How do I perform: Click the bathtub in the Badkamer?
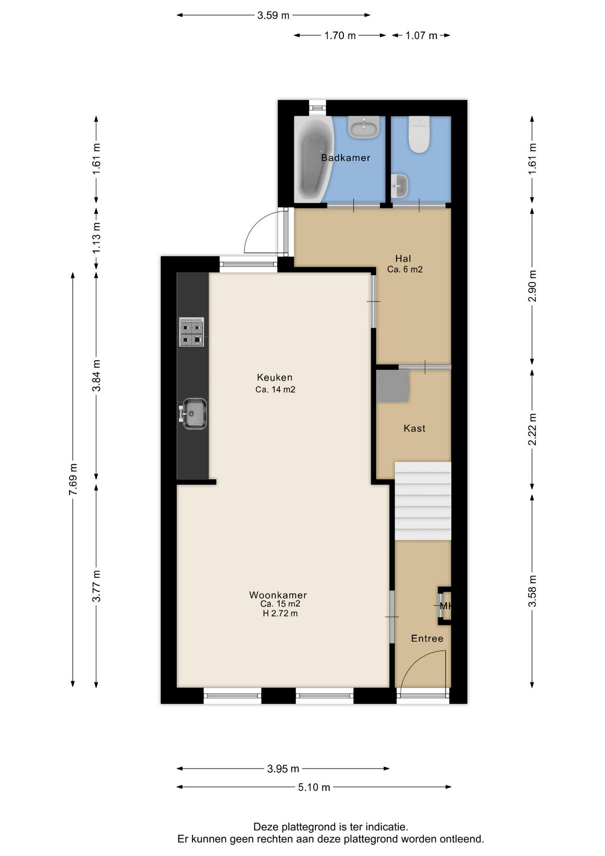(313, 160)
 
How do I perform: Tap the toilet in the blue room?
(419, 135)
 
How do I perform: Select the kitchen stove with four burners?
(192, 332)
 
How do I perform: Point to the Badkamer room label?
(346, 158)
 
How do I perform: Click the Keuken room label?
(275, 378)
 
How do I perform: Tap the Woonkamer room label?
(278, 595)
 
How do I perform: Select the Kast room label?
(414, 428)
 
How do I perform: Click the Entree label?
(427, 638)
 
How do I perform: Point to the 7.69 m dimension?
(73, 479)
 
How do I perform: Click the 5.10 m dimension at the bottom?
(314, 787)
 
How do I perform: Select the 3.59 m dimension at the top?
(273, 16)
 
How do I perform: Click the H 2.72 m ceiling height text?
(280, 613)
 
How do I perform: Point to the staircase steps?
(423, 501)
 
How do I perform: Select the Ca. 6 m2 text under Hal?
(405, 269)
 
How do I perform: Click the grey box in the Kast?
(392, 386)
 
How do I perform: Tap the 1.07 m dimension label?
(421, 36)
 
